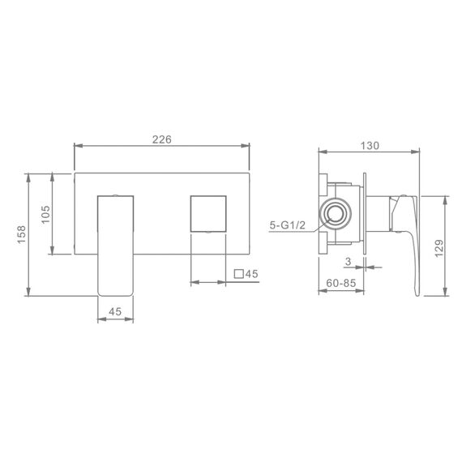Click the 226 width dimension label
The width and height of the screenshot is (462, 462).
tap(162, 139)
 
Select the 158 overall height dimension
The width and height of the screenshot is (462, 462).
tap(22, 234)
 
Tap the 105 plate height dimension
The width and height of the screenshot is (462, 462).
tap(45, 215)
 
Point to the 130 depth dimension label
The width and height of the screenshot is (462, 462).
tap(370, 146)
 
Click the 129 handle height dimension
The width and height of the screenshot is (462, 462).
tap(439, 248)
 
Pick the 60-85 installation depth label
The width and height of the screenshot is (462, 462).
tap(341, 283)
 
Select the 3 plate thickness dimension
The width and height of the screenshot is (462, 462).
tap(349, 261)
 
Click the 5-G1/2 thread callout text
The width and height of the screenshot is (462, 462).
tap(288, 225)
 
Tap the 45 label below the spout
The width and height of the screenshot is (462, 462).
tap(115, 311)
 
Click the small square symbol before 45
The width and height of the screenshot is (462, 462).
tap(238, 274)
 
